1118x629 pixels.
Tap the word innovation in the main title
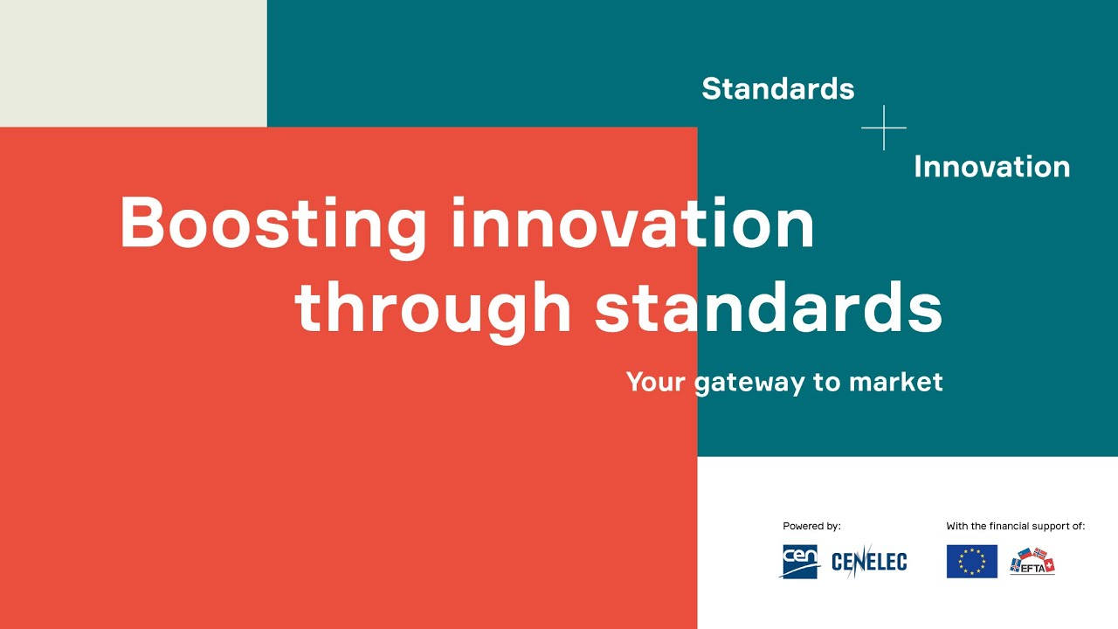point(633,223)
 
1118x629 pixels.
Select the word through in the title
point(433,308)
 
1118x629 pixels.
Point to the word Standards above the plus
point(777,88)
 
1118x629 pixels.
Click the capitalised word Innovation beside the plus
point(991,166)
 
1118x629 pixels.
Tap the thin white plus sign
point(884,128)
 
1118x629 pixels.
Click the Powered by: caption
point(811,526)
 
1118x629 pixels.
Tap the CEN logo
point(799,561)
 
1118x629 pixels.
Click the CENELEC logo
point(869,562)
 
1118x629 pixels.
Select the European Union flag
point(971,562)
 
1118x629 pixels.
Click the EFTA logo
point(1032,562)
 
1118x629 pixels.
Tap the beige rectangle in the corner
point(133,63)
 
